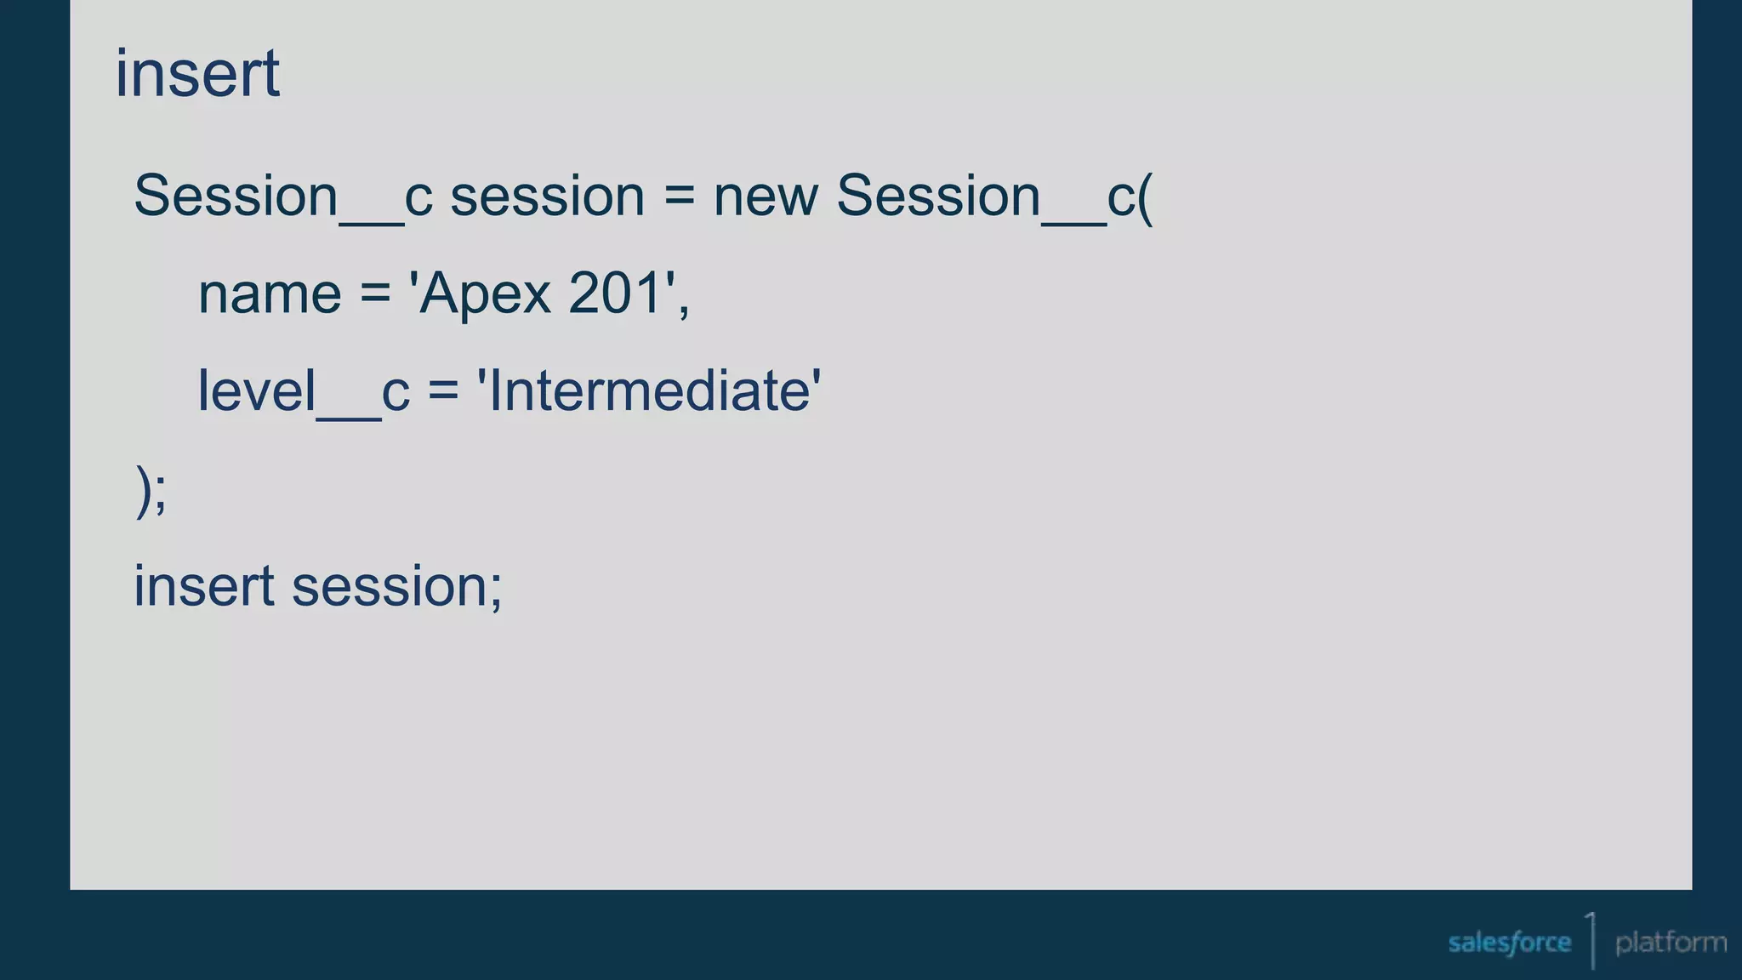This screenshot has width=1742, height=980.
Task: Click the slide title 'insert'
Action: click(x=197, y=74)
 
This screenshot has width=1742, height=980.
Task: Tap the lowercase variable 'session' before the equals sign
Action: click(x=547, y=197)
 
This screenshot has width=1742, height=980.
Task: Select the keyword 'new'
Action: click(x=766, y=197)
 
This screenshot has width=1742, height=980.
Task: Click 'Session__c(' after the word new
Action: click(x=994, y=197)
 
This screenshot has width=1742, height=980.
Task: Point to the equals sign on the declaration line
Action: click(x=679, y=197)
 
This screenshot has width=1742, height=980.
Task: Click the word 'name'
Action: click(x=270, y=294)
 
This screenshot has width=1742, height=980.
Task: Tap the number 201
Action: click(x=615, y=294)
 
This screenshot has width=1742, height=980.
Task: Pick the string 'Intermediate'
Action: click(x=649, y=391)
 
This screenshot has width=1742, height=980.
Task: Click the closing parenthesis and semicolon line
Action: click(x=151, y=490)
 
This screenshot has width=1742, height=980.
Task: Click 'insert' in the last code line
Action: click(x=204, y=586)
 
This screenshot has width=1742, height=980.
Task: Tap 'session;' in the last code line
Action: click(x=397, y=586)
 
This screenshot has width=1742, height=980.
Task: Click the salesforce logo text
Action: click(x=1509, y=943)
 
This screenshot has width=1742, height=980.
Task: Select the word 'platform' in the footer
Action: click(x=1671, y=943)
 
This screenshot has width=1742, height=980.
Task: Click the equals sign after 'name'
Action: click(x=375, y=295)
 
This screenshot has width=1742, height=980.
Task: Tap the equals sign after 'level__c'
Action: click(x=443, y=392)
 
